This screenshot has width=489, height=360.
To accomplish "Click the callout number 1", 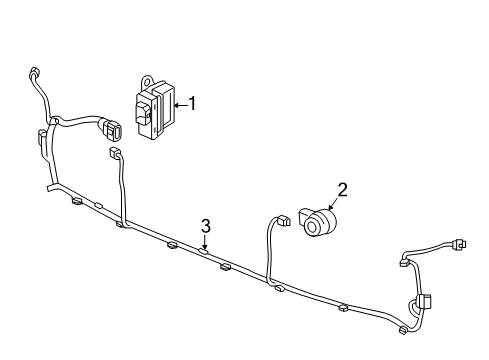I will (x=193, y=102).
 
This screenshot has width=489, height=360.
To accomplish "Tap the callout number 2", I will (x=342, y=189).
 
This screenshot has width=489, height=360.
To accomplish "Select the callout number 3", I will (x=205, y=224).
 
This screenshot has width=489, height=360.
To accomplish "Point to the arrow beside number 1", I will (x=180, y=102).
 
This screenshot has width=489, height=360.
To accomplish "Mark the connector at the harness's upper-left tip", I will (x=35, y=72).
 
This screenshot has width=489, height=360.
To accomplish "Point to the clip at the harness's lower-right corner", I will (x=403, y=329).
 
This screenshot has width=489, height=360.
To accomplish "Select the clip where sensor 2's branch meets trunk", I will (x=277, y=288).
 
